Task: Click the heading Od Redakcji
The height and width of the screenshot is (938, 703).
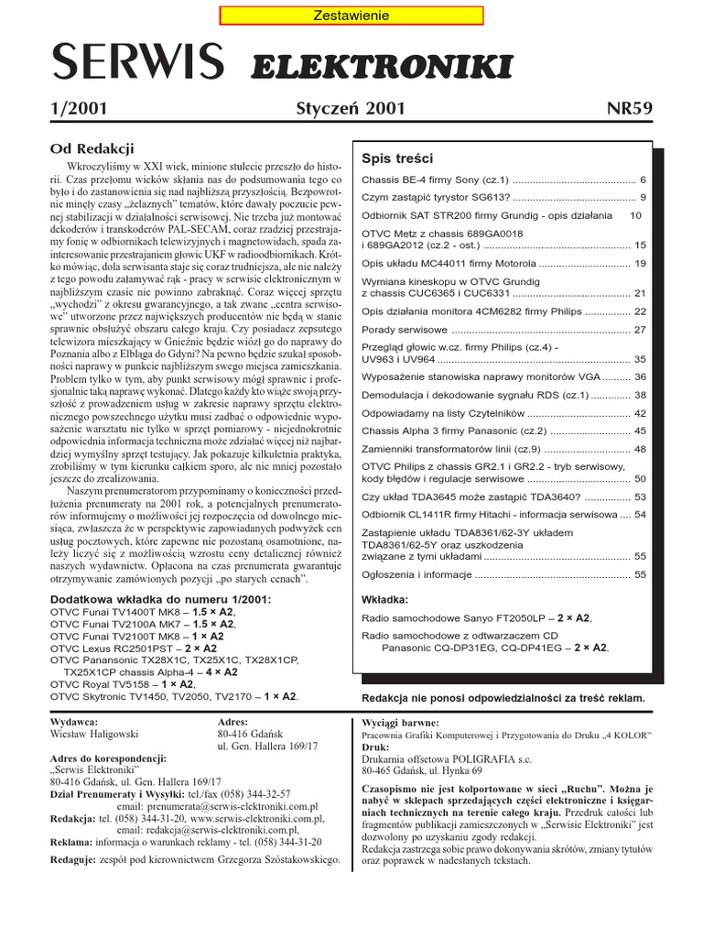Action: click(x=92, y=147)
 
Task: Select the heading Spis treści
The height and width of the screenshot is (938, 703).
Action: click(x=397, y=158)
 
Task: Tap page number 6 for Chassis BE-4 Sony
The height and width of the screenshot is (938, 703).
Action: click(x=643, y=180)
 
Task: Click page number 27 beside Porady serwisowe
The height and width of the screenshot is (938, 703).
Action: click(x=640, y=330)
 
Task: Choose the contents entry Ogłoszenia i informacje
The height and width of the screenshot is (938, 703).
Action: click(x=416, y=574)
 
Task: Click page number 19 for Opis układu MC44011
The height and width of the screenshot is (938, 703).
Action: click(x=640, y=264)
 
